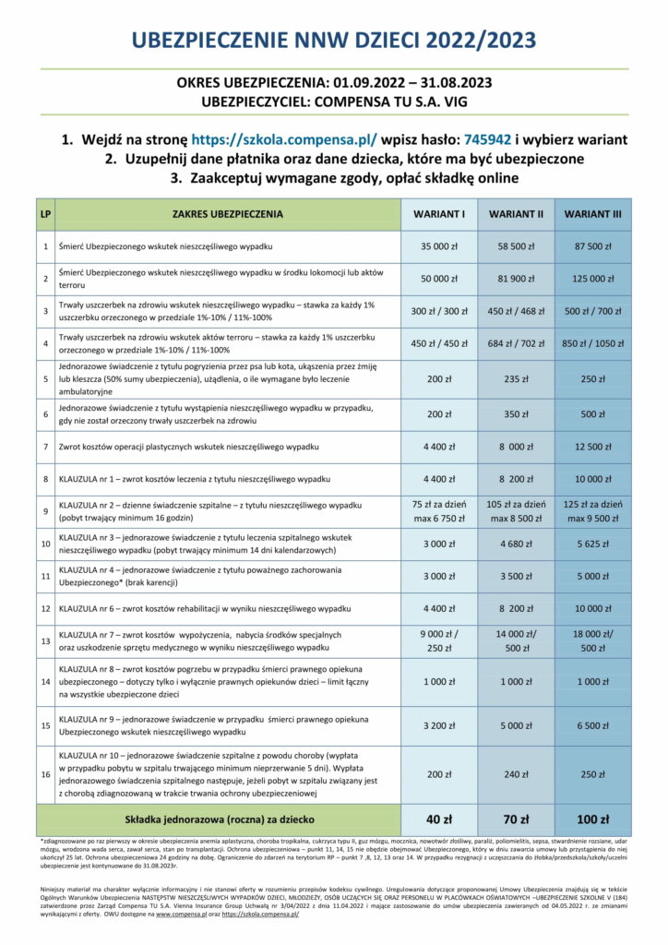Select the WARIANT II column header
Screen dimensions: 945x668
coord(514,215)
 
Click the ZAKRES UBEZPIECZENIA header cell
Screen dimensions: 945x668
coord(227,215)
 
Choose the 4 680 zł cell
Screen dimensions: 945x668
coord(514,544)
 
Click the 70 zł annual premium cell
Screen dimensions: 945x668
coord(514,818)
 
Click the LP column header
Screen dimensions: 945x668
coord(45,215)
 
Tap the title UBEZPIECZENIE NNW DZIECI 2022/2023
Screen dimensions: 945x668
coord(333,40)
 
